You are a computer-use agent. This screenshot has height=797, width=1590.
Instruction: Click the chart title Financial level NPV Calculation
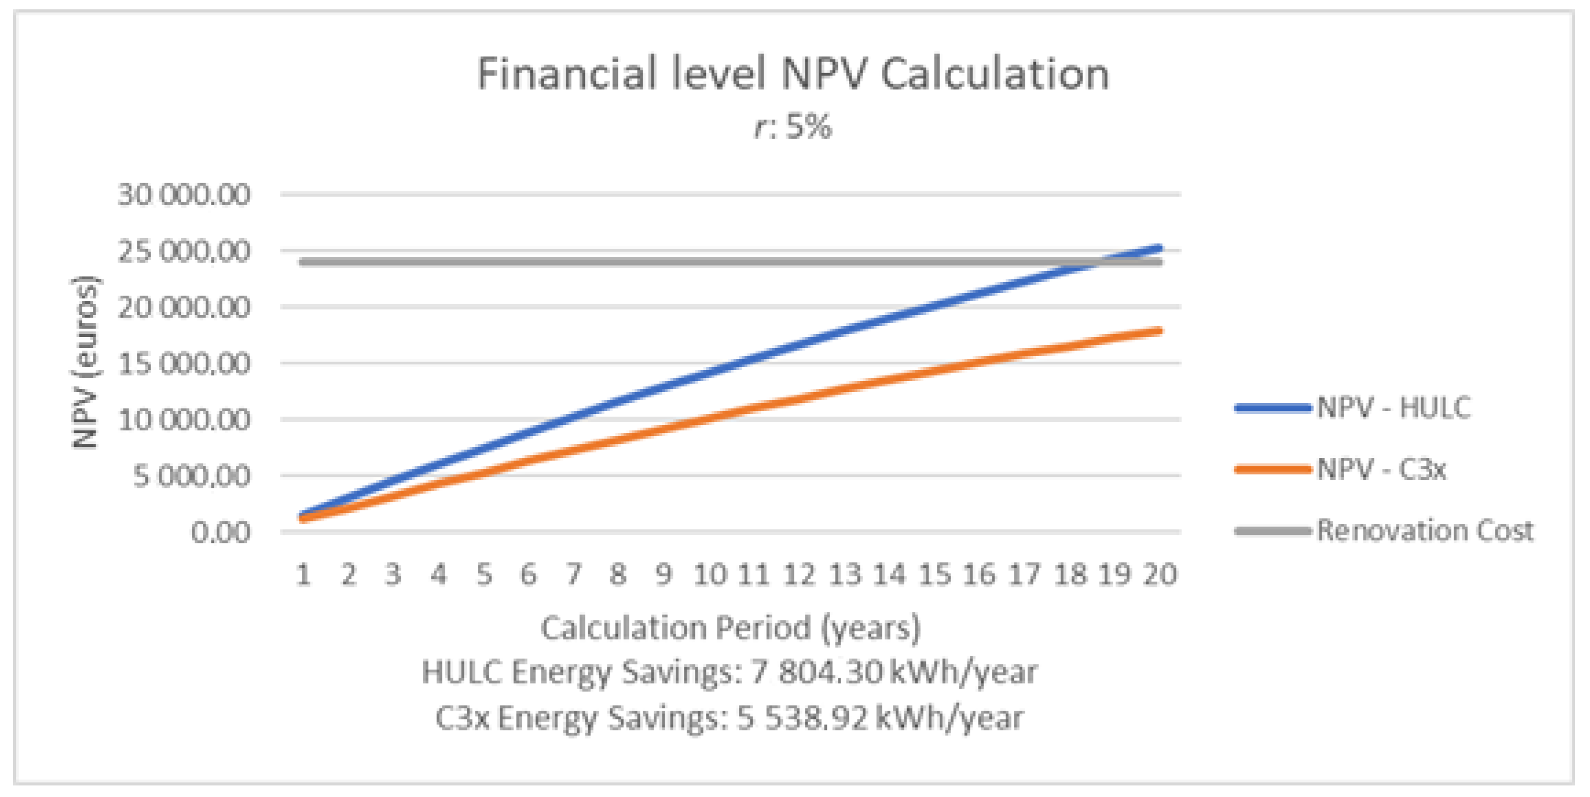[x=793, y=74]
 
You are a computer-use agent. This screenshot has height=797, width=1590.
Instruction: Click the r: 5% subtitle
[x=793, y=127]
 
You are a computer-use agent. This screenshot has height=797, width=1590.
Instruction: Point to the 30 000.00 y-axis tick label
[x=184, y=195]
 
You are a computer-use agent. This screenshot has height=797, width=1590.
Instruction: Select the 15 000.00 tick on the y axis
[x=184, y=363]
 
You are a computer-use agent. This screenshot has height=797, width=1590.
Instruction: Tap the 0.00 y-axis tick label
[x=220, y=532]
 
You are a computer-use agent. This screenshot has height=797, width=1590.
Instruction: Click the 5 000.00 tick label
[x=191, y=475]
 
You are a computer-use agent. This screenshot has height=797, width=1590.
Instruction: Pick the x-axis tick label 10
[x=710, y=575]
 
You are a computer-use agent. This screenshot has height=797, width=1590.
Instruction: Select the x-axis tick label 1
[x=303, y=575]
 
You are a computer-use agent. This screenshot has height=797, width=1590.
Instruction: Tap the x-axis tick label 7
[x=574, y=575]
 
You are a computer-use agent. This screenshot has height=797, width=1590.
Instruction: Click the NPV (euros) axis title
[x=85, y=363]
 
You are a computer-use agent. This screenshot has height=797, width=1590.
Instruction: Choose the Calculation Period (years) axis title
[x=730, y=628]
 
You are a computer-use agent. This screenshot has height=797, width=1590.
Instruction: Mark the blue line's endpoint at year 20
[x=1161, y=248]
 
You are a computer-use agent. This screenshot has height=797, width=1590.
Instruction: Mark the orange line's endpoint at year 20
[x=1161, y=331]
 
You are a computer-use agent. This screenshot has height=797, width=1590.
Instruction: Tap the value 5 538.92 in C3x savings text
[x=802, y=718]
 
